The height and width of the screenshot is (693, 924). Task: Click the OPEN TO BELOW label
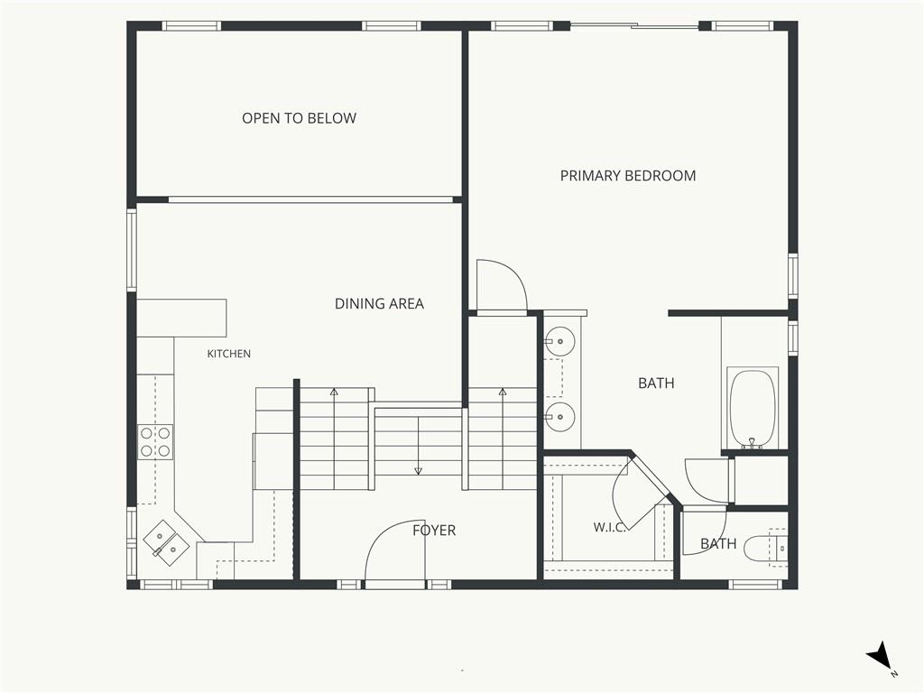point(299,118)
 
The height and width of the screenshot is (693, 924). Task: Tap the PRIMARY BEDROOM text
point(628,176)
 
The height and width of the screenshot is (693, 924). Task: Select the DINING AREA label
point(379,303)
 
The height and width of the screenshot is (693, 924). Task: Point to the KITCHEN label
point(228,354)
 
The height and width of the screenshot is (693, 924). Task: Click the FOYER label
point(434,531)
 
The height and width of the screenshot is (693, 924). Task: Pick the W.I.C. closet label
point(609,527)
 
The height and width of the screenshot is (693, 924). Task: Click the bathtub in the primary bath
point(752,409)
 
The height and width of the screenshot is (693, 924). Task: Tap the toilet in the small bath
point(765,549)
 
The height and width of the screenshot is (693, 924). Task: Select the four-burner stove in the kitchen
point(155,442)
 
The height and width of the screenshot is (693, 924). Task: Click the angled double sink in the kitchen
point(166,542)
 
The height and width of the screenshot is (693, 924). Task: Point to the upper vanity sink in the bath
point(559,341)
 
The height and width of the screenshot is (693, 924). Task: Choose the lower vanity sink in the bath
point(559,417)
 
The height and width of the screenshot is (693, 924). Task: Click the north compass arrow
point(880,655)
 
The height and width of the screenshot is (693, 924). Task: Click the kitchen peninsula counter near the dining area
point(182,319)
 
